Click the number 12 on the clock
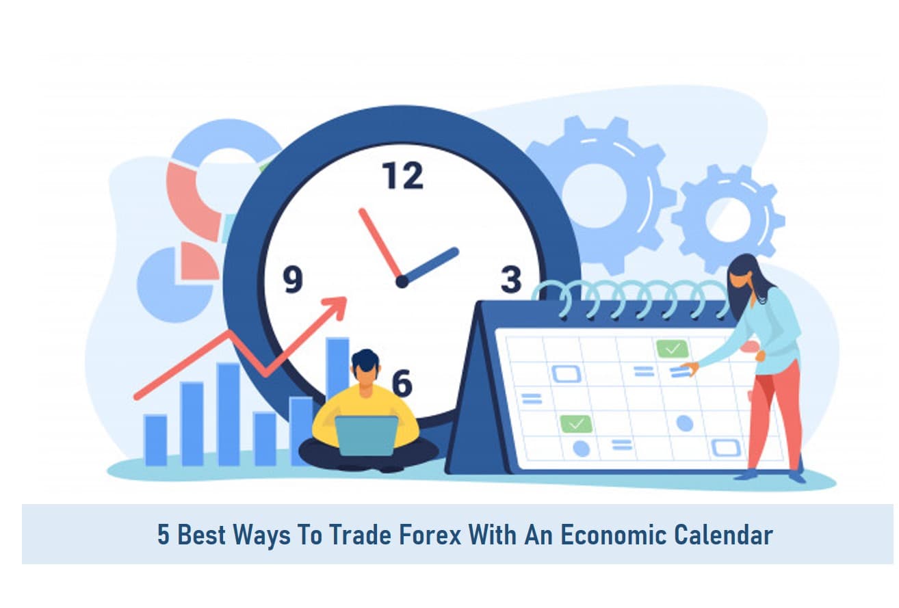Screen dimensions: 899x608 pos(402,175)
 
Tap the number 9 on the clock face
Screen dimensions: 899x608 pos(293,279)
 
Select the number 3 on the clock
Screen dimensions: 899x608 pos(511,279)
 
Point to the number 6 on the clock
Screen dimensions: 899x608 pos(402,383)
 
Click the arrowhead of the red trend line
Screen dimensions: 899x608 pos(337,307)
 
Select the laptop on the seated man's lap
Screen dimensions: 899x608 pos(366,436)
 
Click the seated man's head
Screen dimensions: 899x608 pos(365,368)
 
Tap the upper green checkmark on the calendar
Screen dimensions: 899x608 pos(673,349)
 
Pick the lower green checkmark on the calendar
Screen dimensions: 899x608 pos(576,424)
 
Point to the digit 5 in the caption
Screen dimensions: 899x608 pos(163,535)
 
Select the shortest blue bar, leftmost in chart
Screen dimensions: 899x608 pos(155,440)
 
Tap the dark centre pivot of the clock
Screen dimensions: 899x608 pos(402,282)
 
